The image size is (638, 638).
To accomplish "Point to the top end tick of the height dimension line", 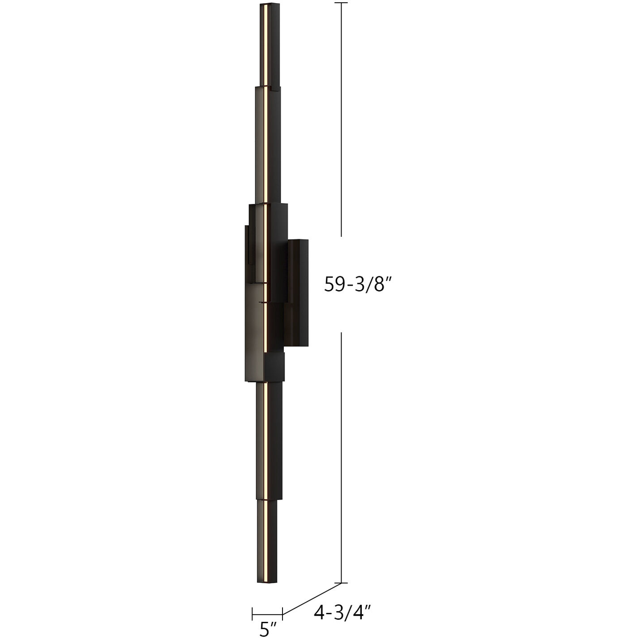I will point(342,3).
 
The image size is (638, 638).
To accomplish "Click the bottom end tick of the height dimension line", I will point(342,582).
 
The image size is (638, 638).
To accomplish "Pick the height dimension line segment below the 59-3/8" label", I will point(342,457).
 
